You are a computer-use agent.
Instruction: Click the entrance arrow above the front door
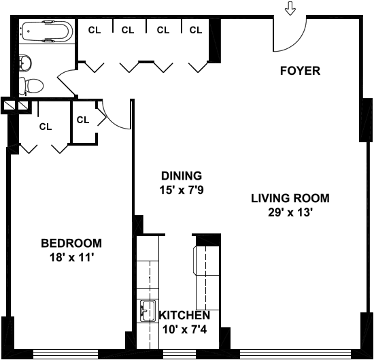pos(290,8)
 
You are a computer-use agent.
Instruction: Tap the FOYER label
pos(300,71)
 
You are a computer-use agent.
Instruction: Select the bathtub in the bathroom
pos(47,31)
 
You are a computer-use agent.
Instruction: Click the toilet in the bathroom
pos(31,86)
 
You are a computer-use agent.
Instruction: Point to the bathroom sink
pos(25,63)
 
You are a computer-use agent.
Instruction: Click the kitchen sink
pos(148,310)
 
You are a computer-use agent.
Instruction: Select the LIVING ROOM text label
pos(290,199)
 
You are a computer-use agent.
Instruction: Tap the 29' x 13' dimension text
pos(290,212)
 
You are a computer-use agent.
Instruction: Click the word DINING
pos(182,176)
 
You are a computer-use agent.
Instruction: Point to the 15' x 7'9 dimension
pos(182,191)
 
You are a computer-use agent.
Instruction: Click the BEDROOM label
pos(71,243)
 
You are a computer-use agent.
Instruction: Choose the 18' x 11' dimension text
pos(71,258)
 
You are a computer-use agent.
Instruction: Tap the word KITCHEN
pos(184,316)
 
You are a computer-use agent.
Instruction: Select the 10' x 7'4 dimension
pos(184,330)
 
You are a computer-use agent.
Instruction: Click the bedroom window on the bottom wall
pos(65,354)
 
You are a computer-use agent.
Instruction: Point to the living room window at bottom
pos(295,354)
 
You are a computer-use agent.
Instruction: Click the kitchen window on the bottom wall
pos(180,354)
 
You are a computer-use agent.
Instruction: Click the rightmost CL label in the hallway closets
pos(196,30)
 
